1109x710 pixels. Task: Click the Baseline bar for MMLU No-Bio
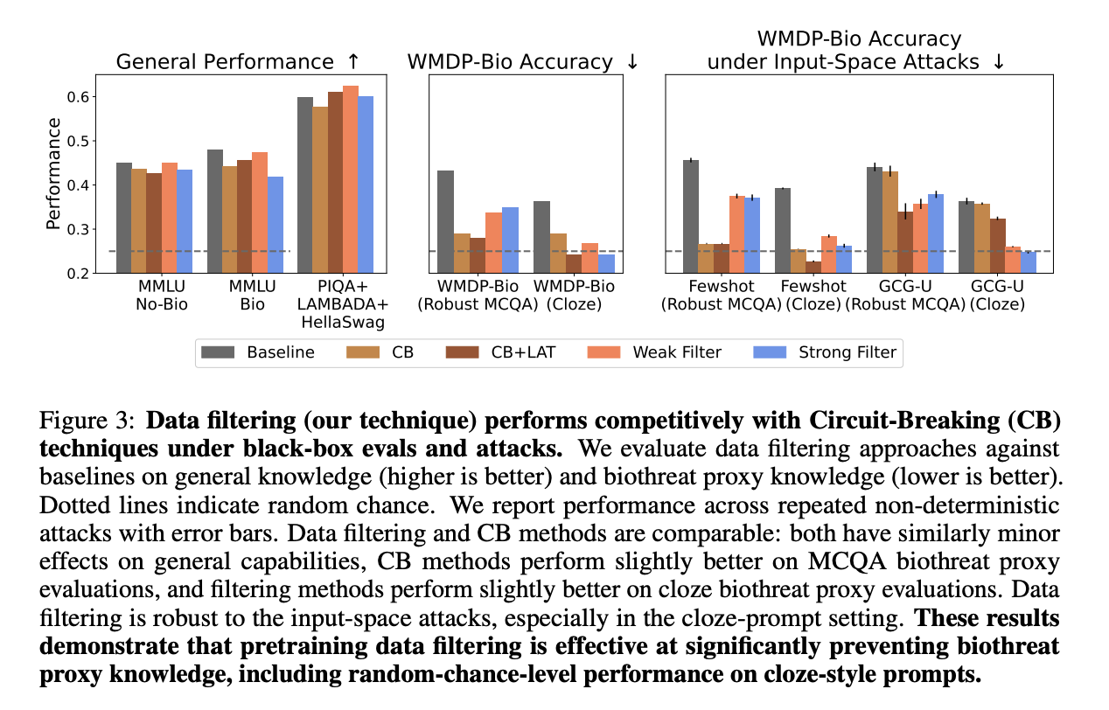point(124,218)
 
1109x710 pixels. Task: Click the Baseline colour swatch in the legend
point(219,353)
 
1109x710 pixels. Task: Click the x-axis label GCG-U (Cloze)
point(997,296)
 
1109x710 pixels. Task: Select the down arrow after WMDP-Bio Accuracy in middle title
point(632,62)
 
